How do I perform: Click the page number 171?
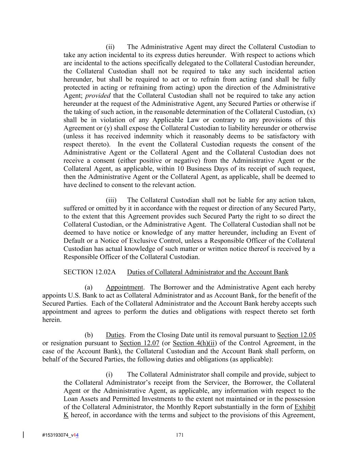point(180,435)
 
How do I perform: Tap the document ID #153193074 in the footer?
point(56,435)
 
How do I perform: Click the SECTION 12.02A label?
point(89,272)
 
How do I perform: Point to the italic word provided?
point(98,96)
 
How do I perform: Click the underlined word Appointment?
point(124,287)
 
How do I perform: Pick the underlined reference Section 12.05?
point(296,335)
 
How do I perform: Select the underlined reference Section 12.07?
point(140,343)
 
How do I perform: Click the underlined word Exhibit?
point(305,407)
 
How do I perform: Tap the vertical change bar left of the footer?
point(23,435)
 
